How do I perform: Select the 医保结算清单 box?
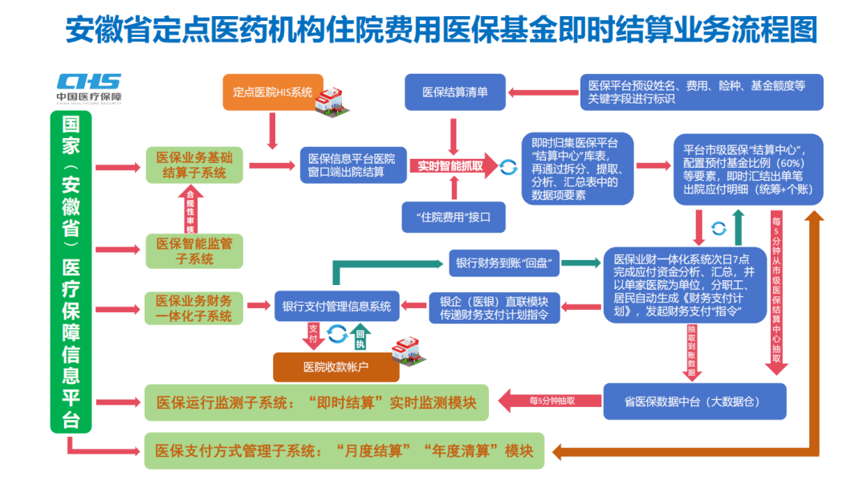click(x=456, y=92)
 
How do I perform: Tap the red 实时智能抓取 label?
click(x=450, y=166)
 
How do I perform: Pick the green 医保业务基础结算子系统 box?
click(x=194, y=165)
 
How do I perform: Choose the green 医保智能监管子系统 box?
click(x=194, y=251)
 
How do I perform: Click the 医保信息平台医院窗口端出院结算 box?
click(x=352, y=165)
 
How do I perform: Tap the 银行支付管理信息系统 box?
click(x=336, y=306)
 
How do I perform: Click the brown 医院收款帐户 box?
click(x=336, y=367)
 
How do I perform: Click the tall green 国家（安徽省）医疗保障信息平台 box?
click(x=71, y=273)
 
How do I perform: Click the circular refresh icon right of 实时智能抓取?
click(x=508, y=167)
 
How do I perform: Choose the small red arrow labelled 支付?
click(x=313, y=336)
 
